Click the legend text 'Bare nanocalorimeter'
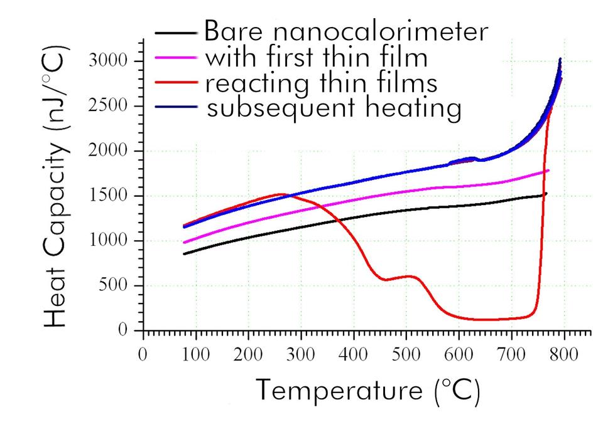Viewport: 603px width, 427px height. click(x=346, y=31)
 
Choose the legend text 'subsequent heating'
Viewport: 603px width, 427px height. click(x=334, y=108)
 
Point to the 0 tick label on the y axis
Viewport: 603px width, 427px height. click(x=123, y=330)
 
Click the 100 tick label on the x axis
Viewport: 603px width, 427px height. click(x=196, y=354)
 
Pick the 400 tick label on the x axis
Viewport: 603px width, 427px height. click(x=354, y=354)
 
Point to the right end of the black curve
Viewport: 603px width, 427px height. click(x=546, y=193)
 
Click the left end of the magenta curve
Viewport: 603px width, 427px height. click(x=183, y=243)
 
